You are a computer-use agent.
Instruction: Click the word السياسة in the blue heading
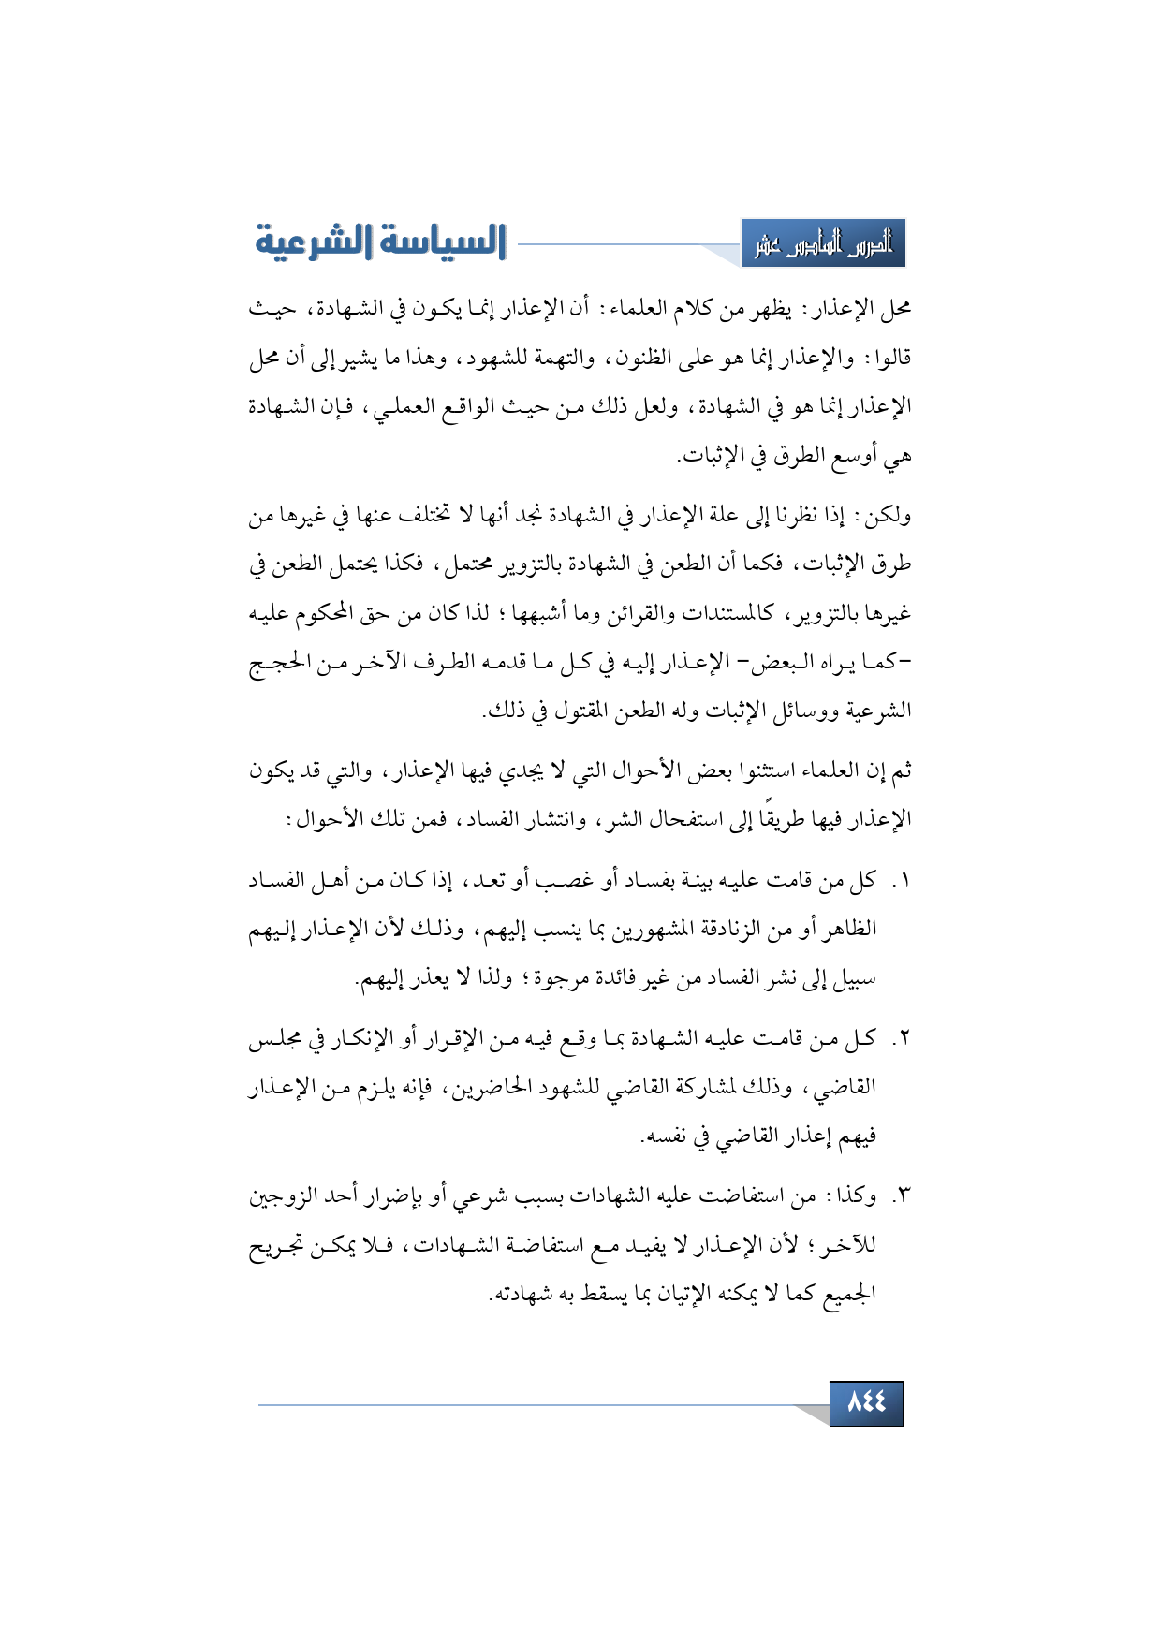coord(437,242)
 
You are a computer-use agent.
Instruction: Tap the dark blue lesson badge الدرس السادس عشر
coord(823,244)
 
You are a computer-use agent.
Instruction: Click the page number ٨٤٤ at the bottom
coord(866,1401)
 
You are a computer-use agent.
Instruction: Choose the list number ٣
coord(904,1197)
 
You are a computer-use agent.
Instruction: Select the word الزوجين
coord(287,1197)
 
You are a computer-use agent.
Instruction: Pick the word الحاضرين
coord(497,1088)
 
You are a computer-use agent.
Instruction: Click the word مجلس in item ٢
coord(274,1039)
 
